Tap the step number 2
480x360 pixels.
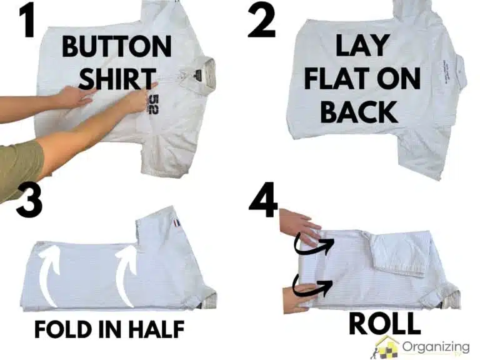264,20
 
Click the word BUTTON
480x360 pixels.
116,47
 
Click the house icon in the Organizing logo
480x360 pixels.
387,346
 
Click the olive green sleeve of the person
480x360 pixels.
19,166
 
